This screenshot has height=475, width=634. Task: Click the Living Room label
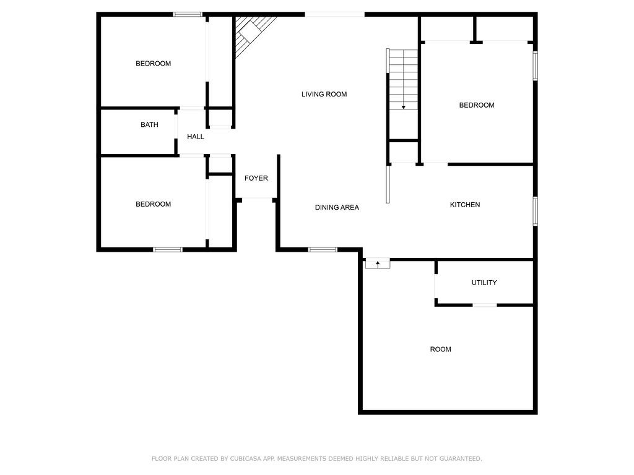[324, 94]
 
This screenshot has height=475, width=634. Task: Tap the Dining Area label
[337, 207]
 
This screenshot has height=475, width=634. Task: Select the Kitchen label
[464, 205]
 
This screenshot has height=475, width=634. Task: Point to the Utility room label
[484, 283]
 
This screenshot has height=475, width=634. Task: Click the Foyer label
[256, 178]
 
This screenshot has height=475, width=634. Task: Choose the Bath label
[149, 124]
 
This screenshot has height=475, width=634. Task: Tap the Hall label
[196, 137]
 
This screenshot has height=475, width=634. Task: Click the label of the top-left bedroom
[153, 63]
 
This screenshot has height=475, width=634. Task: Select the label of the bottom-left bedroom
[153, 204]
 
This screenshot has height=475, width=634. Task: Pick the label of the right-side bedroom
[476, 105]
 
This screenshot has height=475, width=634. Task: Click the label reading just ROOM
[440, 349]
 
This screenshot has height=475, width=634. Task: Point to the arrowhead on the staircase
[404, 107]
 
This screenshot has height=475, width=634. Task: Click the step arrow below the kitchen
[377, 264]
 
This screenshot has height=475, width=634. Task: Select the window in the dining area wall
[323, 249]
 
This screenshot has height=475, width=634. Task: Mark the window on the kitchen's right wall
[535, 211]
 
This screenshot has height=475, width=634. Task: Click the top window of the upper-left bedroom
[188, 14]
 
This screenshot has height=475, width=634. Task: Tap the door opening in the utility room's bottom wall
[484, 305]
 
